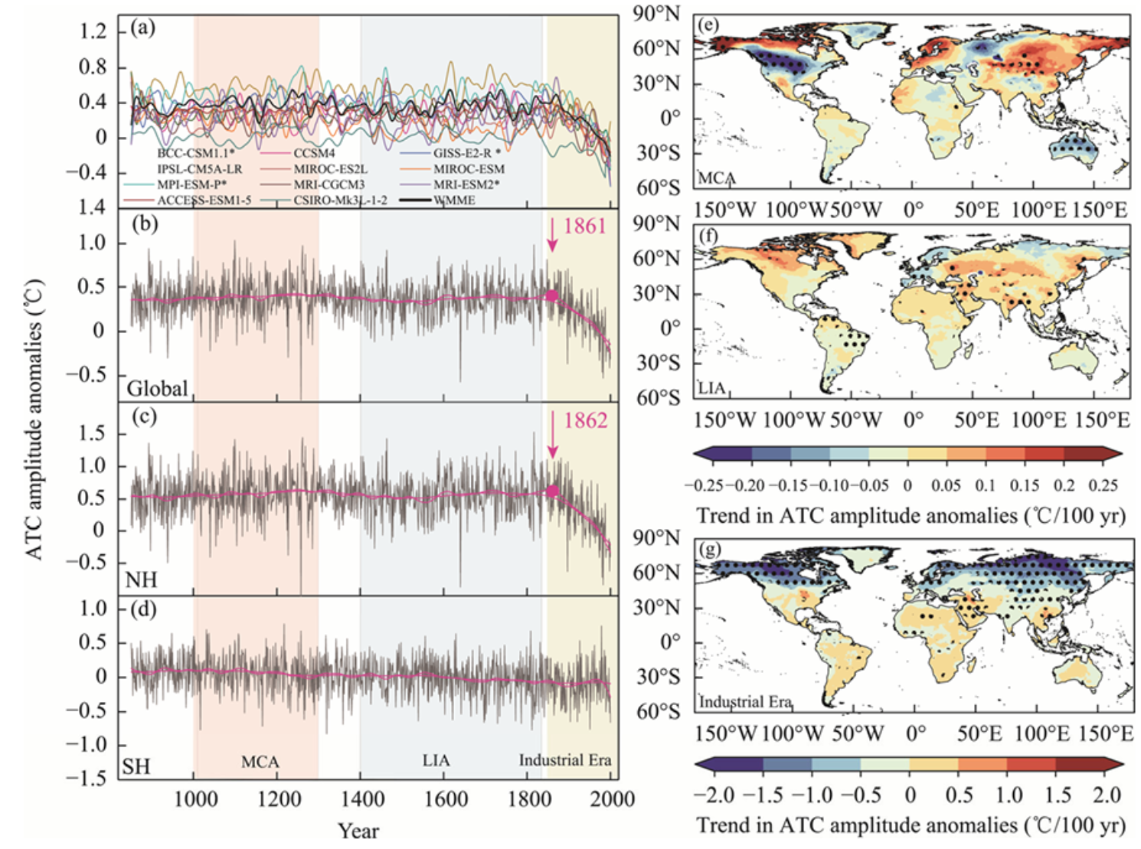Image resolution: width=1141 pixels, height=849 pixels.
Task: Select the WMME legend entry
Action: click(454, 201)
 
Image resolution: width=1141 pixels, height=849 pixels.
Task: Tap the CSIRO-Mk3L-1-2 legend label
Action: click(340, 201)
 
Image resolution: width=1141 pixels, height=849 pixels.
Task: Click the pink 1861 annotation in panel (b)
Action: click(585, 226)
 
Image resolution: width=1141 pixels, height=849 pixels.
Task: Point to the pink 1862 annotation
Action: click(586, 420)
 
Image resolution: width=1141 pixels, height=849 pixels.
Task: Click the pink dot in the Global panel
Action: click(551, 296)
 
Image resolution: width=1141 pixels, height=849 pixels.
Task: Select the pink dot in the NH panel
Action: click(552, 491)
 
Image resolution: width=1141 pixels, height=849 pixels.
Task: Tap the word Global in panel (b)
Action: click(157, 388)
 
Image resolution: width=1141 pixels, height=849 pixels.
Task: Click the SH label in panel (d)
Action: click(136, 766)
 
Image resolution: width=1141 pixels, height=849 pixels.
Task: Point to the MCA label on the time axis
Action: click(260, 762)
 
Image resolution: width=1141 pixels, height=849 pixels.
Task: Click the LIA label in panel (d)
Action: click(436, 760)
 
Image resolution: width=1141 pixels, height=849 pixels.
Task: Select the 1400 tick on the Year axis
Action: click(362, 800)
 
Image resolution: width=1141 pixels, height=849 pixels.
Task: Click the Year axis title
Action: click(358, 831)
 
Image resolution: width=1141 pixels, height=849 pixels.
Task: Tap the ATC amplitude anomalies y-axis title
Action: click(34, 419)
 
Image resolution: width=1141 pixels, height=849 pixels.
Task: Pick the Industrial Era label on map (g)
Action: click(745, 701)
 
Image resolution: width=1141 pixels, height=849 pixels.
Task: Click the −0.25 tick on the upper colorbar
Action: click(703, 485)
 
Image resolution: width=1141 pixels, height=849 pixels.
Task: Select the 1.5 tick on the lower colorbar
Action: click(1058, 795)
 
